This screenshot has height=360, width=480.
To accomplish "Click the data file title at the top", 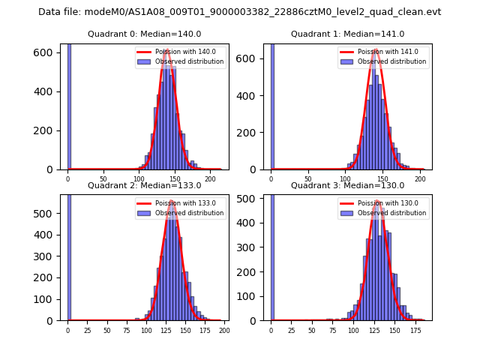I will pos(239,12).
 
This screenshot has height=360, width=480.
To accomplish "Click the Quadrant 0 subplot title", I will pos(144,34).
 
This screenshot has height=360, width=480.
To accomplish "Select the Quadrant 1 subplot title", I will pos(347,34).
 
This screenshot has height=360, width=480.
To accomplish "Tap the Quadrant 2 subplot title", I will pos(144,185).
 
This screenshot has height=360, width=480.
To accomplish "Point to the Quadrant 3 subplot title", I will pos(347,185).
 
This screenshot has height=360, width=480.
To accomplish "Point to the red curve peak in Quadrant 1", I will pos(375,50).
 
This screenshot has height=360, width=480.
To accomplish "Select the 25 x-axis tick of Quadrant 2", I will pos(87,330).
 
